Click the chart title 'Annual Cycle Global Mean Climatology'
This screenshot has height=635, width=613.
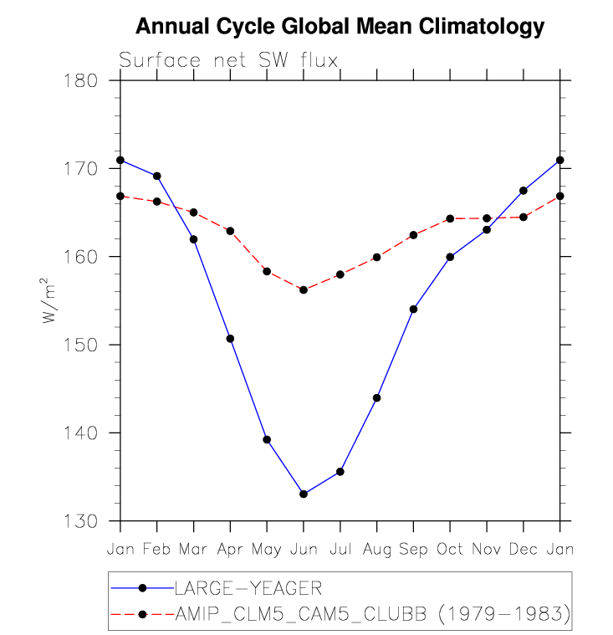pyautogui.click(x=340, y=27)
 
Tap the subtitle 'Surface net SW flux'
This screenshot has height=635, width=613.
pyautogui.click(x=227, y=60)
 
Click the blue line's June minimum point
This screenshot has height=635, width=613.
pyautogui.click(x=304, y=494)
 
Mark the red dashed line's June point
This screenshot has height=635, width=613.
pyautogui.click(x=304, y=289)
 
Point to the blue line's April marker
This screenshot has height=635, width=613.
pyautogui.click(x=230, y=339)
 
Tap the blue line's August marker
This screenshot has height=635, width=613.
pyautogui.click(x=376, y=397)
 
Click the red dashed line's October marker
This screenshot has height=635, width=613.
pyautogui.click(x=450, y=218)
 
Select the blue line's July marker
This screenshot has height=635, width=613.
pyautogui.click(x=340, y=472)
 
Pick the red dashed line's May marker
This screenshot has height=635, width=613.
pyautogui.click(x=267, y=271)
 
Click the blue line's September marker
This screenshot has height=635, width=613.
pyautogui.click(x=413, y=309)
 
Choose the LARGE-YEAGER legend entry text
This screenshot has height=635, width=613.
pyautogui.click(x=248, y=587)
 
